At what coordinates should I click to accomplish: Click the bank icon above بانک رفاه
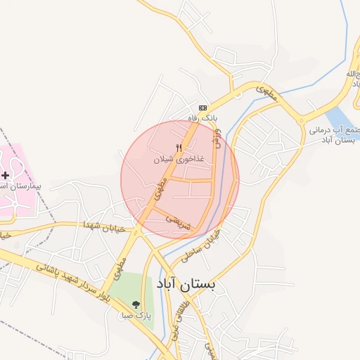click(x=203, y=108)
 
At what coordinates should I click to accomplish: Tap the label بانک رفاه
click(x=203, y=118)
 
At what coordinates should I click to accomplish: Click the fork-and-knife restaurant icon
click(x=179, y=148)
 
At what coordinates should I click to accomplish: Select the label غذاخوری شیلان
click(x=179, y=160)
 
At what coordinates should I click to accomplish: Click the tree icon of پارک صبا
click(x=136, y=304)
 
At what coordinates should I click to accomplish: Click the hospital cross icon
click(x=6, y=174)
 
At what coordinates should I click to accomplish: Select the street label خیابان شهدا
click(x=103, y=226)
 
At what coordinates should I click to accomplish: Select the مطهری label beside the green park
click(x=119, y=267)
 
